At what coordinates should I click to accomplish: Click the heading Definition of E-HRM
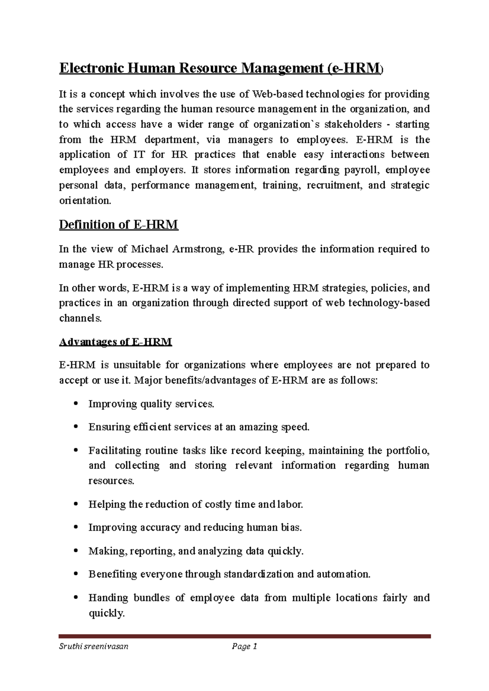[x=119, y=225]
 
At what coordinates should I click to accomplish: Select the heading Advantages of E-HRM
[x=116, y=342]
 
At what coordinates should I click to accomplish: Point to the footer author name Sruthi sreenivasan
[x=94, y=646]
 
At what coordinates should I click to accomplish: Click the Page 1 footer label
[x=244, y=646]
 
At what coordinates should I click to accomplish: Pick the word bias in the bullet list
[x=291, y=528]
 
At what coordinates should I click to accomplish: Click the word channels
[x=79, y=318]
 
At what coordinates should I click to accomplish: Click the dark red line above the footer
[x=244, y=636]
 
